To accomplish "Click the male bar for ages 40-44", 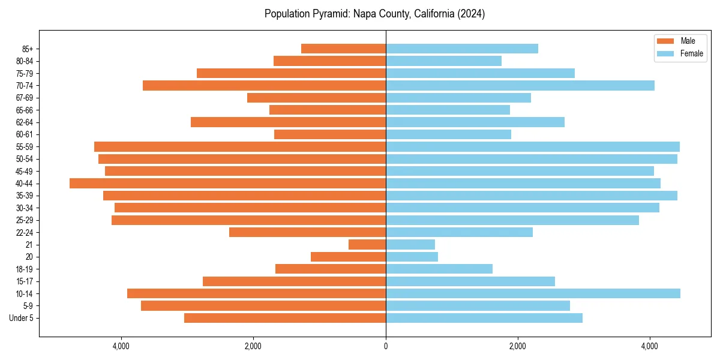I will coord(228,184).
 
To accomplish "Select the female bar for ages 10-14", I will coord(533,293).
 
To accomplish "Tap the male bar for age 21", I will coord(367,245).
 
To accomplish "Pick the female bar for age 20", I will coord(412,257).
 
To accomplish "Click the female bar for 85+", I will coord(462,49).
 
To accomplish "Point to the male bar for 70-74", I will coord(264,86).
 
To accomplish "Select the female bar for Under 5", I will coord(484,318).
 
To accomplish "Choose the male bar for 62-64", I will coord(288,122).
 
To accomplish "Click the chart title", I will coord(374,14).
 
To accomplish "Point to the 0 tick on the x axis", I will coord(386,346).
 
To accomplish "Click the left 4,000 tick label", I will coord(121,346).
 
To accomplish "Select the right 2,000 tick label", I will coord(518,346).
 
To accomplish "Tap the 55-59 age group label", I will coord(25,147).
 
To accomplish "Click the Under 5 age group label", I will coord(22,318).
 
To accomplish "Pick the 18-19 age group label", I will coord(25,269).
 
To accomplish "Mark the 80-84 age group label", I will coord(25,61).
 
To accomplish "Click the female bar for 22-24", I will coord(459,232).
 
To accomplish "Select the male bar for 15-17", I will coord(294,281).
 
